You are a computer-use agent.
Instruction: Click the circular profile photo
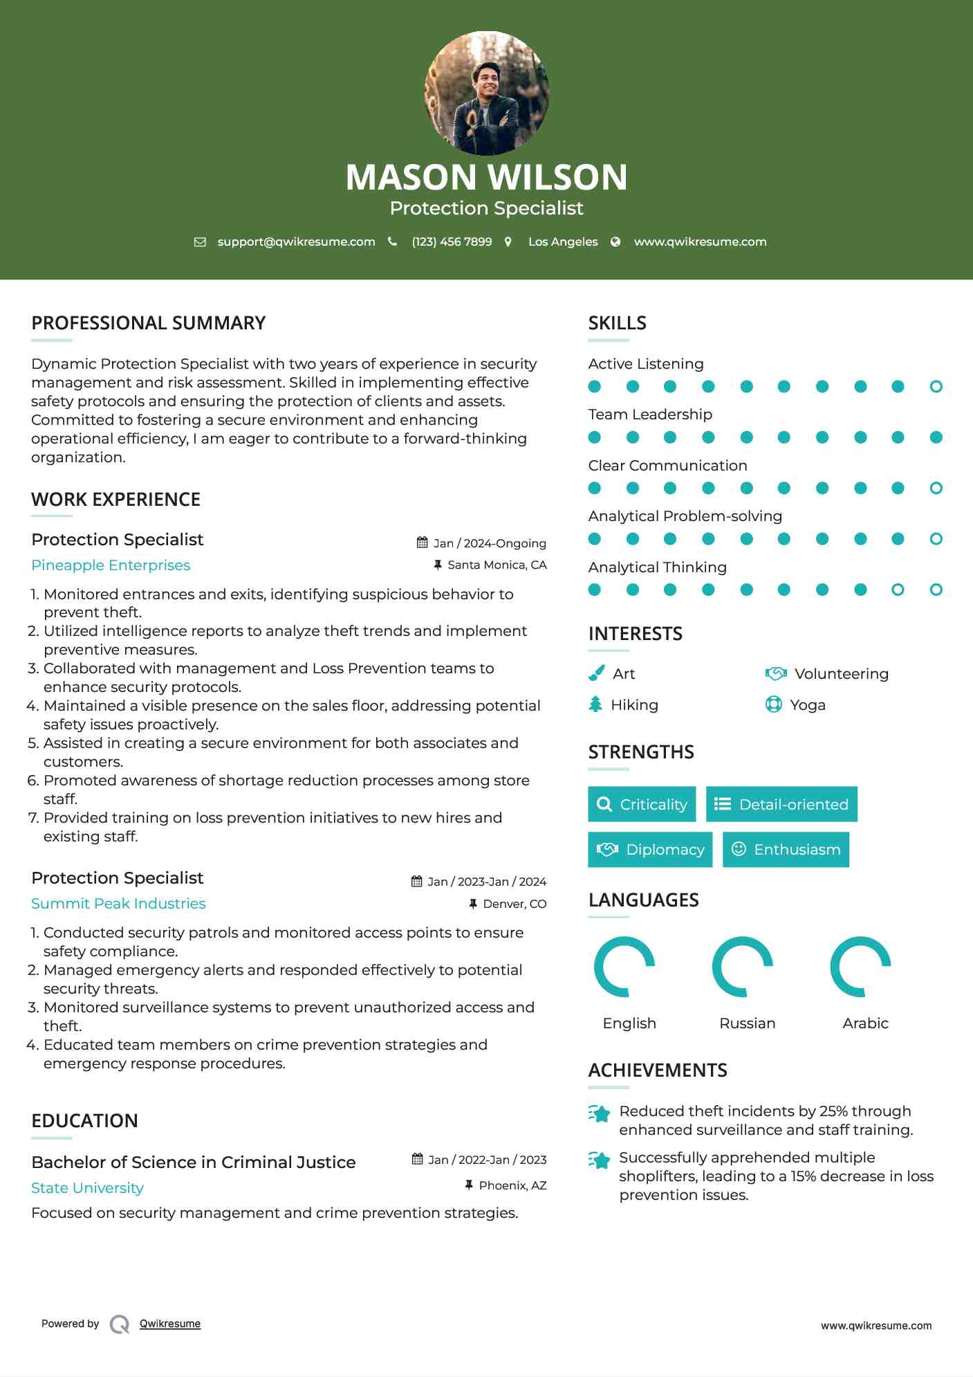tap(486, 93)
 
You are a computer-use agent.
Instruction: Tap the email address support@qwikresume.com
tap(296, 241)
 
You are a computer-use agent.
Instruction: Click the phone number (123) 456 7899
tap(452, 241)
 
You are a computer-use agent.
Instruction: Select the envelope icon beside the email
tap(200, 241)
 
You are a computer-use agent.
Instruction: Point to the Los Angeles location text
tap(563, 241)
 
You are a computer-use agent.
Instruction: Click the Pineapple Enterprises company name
tap(111, 565)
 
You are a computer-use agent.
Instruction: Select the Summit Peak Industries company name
tap(118, 904)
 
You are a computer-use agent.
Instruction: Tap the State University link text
tap(87, 1188)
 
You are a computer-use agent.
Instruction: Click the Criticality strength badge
tap(642, 804)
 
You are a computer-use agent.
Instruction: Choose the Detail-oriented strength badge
tap(781, 804)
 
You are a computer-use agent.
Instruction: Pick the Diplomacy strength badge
tap(650, 850)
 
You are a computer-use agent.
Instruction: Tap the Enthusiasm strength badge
tap(786, 850)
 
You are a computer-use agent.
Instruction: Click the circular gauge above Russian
tap(743, 967)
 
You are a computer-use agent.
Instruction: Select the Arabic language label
tap(865, 1023)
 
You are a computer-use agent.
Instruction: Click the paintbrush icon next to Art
tap(596, 674)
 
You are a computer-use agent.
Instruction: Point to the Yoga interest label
tap(808, 705)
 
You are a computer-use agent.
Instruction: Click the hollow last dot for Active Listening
tap(936, 387)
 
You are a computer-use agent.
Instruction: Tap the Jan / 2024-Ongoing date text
tap(490, 544)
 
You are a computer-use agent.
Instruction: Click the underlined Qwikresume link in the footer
tap(170, 1324)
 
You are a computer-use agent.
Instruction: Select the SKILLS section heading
tap(617, 323)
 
